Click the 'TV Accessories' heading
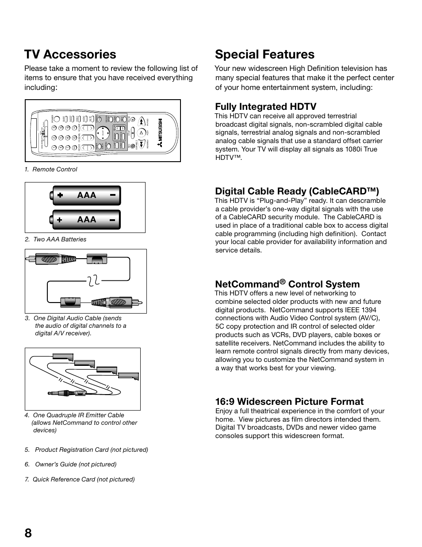coord(70,54)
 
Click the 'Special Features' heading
coord(265,54)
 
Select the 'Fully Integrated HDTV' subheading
coord(265,106)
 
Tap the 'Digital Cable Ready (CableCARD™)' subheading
coord(297,191)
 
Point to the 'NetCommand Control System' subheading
coord(287,284)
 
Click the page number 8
coord(28,520)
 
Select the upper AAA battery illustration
coord(86,195)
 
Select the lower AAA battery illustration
coord(86,219)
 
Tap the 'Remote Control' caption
coord(54,169)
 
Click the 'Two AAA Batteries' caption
coord(59,239)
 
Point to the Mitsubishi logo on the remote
coord(161,132)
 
